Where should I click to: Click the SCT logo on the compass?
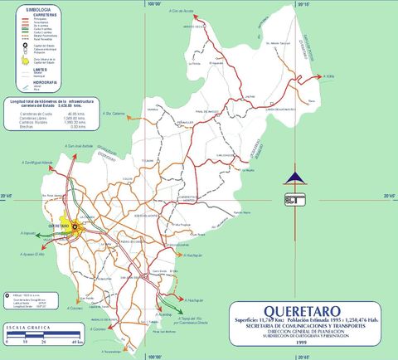pyautogui.click(x=292, y=199)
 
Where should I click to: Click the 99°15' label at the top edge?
pyautogui.click(x=302, y=5)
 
